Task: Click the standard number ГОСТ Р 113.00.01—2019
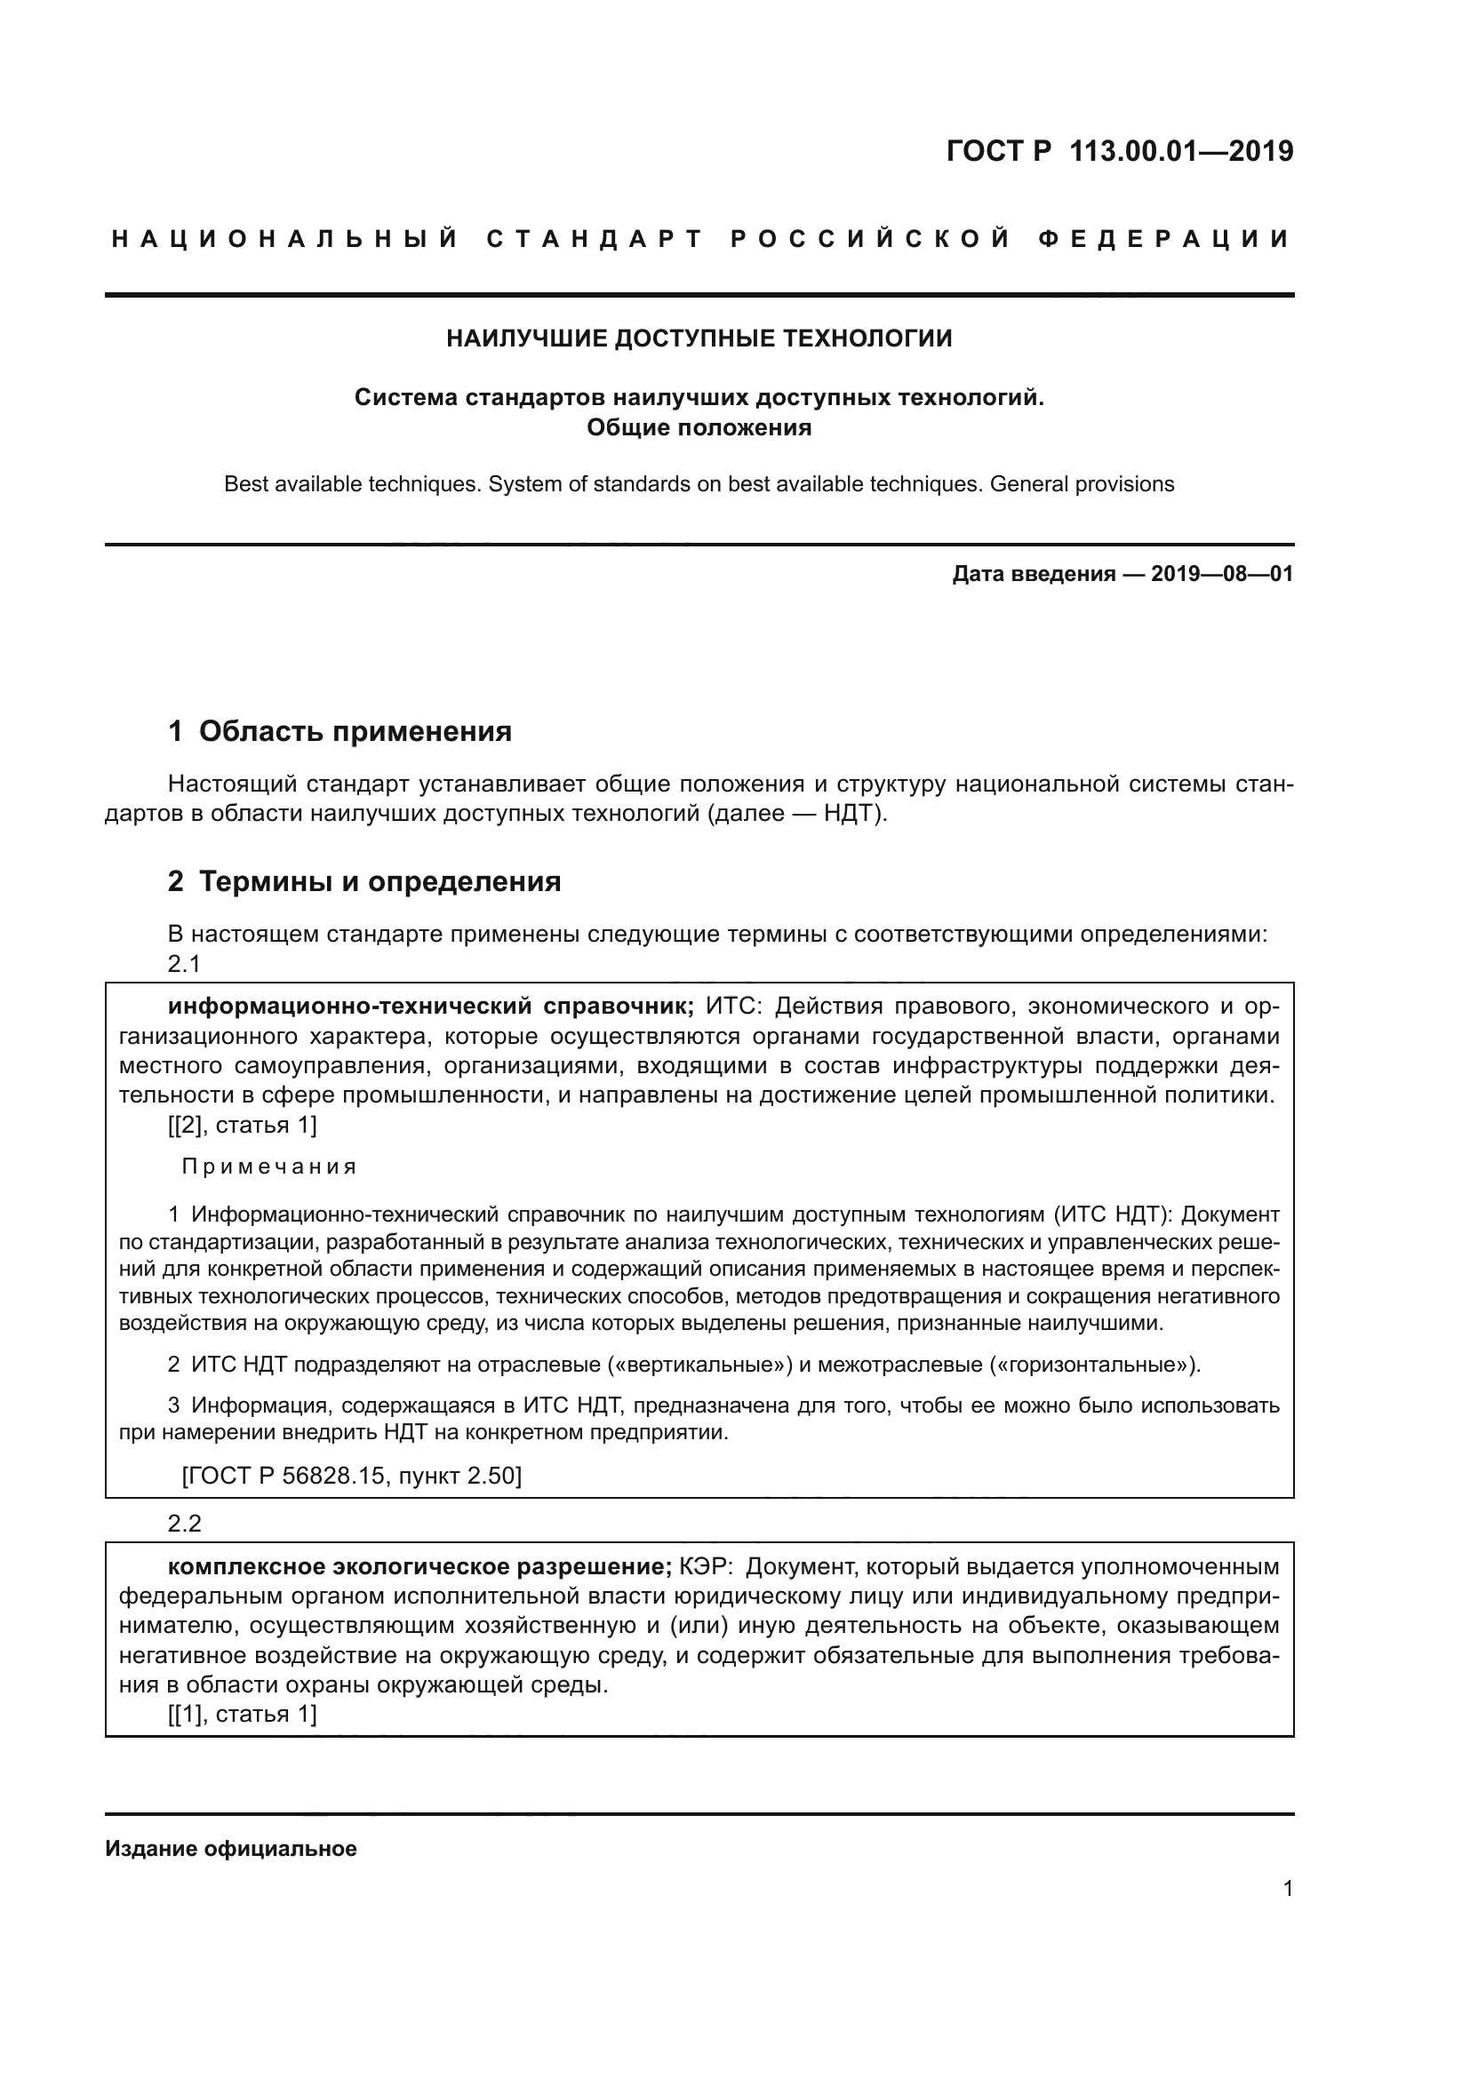pos(1119,151)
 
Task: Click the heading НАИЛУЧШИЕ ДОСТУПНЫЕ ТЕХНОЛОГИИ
pos(699,338)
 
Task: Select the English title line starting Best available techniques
pos(699,484)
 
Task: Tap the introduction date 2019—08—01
pos(1221,574)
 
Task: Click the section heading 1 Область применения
pos(340,730)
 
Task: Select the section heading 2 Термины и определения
pos(364,880)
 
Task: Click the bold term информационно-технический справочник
pos(431,1006)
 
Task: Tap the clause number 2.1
pos(184,964)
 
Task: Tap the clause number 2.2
pos(184,1524)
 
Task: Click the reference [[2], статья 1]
pos(243,1125)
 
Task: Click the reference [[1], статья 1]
pos(243,1713)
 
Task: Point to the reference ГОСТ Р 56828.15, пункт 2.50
pos(351,1477)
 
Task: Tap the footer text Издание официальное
pos(231,1848)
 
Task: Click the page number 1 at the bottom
pos(1287,1888)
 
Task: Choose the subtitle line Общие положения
pos(699,427)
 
